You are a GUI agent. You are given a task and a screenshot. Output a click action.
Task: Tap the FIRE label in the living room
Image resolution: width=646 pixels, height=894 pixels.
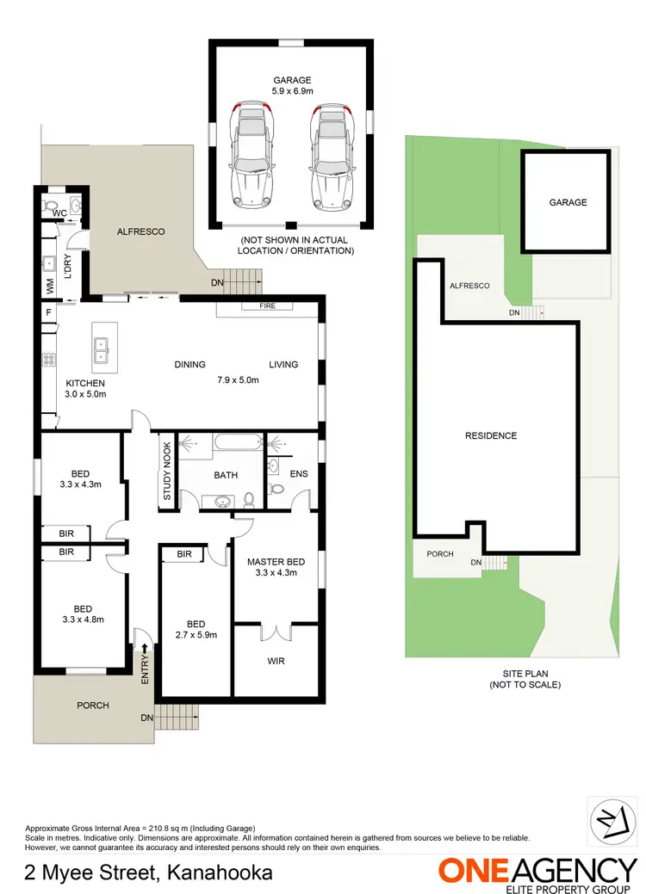[268, 306]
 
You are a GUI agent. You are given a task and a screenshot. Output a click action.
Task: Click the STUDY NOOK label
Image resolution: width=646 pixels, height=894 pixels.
[167, 472]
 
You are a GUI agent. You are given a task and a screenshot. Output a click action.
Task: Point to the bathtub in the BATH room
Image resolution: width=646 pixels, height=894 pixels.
[237, 444]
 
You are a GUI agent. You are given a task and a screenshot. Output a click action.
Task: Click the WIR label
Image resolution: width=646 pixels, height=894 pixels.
[276, 662]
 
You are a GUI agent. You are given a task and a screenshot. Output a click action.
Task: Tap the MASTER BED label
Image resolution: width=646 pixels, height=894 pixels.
[272, 563]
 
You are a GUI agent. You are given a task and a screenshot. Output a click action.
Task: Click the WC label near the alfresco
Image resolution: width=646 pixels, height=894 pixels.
[59, 213]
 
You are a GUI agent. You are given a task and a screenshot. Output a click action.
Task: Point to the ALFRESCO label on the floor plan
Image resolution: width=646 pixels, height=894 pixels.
[140, 231]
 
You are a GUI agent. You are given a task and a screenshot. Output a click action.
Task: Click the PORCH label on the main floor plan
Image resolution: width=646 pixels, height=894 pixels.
[93, 706]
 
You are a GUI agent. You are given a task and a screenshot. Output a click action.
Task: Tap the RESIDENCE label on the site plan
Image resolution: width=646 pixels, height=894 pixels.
[491, 435]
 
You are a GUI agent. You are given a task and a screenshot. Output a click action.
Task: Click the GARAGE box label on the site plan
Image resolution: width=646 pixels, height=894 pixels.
[568, 202]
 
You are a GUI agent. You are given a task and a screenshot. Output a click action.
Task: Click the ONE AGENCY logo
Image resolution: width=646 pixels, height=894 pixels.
[537, 872]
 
